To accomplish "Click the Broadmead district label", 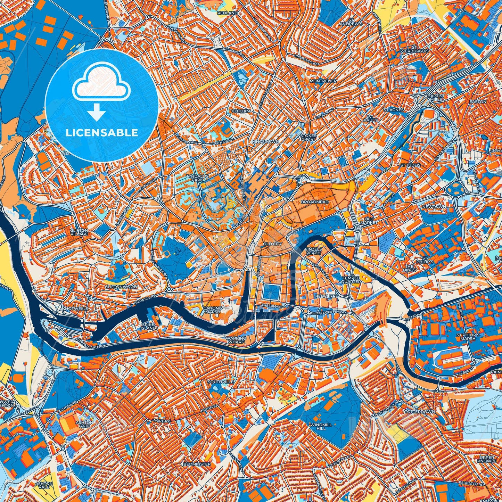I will coord(314,202).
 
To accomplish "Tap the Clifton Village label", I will coord(79,232).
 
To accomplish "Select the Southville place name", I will coord(221,382).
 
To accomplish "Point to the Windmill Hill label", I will coord(321,427).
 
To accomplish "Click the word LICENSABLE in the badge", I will coord(102,133).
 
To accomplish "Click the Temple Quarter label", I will coord(351,280).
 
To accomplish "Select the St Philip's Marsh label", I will coord(468,337).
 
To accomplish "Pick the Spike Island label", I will coord(149,326).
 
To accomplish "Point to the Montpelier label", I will coord(323,81).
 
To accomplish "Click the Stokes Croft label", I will coord(308,137).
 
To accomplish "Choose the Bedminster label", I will coord(197,464).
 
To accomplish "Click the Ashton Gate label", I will coord(84,425).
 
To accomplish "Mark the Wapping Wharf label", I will coord(236,340).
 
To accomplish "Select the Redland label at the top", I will coord(228,13).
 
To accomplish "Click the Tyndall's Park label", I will coord(197,178).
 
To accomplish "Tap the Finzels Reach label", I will coord(313,251).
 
